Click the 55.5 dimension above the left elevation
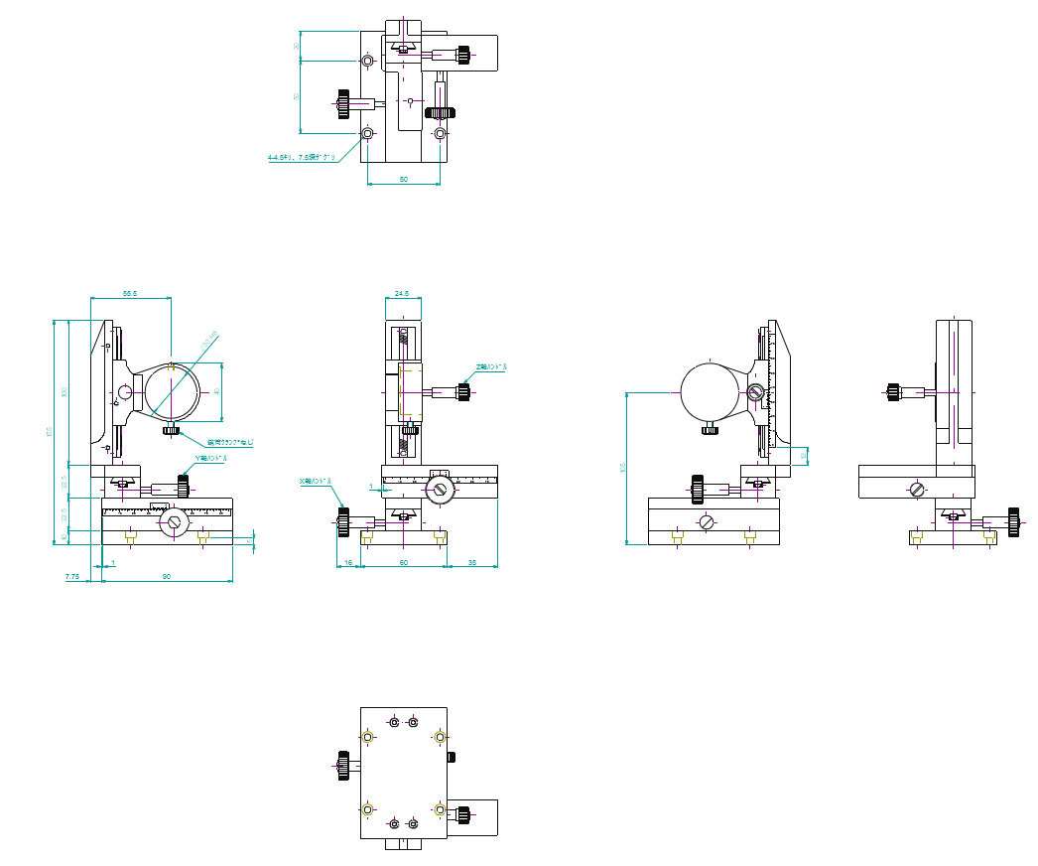[129, 293]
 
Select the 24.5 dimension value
[402, 293]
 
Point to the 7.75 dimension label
[71, 576]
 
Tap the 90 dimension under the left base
[167, 576]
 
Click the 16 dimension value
[347, 563]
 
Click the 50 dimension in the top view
[404, 179]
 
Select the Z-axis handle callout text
[490, 367]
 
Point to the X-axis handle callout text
[316, 481]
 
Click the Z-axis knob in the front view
[463, 391]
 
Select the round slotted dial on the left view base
[175, 521]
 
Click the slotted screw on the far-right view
[916, 489]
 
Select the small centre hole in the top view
[409, 101]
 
